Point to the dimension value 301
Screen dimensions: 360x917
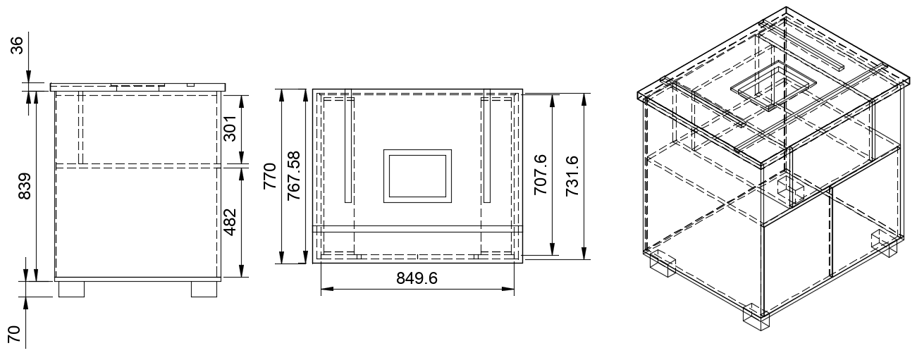coord(230,128)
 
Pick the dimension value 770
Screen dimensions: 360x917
coord(270,176)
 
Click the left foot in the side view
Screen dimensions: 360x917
coord(72,289)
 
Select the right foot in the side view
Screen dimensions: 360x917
coord(204,289)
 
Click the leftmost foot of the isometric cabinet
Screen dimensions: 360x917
coord(661,263)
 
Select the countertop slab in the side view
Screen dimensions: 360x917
coord(137,87)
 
